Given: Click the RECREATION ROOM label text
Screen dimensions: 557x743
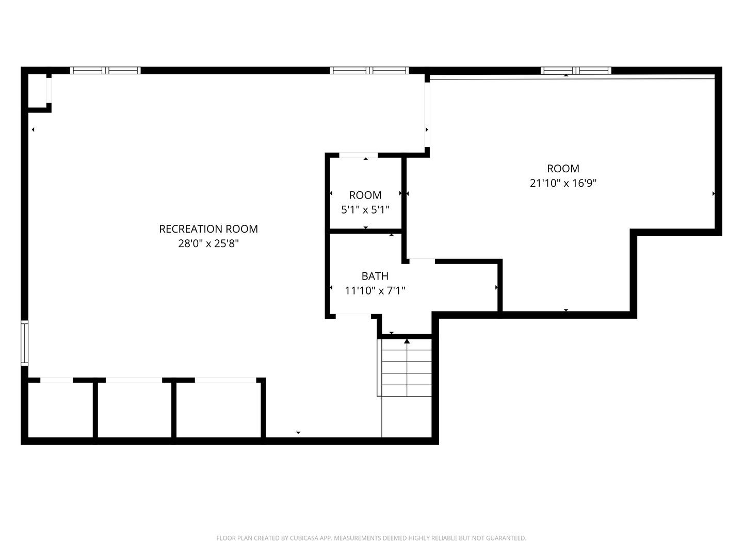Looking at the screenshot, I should coord(208,229).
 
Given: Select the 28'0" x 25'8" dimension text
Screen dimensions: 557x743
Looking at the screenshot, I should coord(208,243).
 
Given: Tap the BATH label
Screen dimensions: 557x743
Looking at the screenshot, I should coord(375,276).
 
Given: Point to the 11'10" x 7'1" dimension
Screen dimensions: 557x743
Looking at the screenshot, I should coord(375,291).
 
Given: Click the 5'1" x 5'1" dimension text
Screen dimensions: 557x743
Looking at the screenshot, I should coord(365,210).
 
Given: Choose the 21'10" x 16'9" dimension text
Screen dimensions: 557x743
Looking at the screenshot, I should coord(563,183).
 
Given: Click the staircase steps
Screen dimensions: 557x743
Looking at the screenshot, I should coord(407,368).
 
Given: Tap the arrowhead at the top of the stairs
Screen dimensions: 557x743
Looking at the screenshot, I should coord(407,341).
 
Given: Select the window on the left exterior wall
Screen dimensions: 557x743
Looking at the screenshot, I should coord(24,343).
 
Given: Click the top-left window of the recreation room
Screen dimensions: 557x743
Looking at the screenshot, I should coord(105,71).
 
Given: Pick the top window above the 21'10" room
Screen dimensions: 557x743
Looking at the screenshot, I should coord(576,71).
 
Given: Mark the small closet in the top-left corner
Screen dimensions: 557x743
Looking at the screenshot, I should coord(37,91).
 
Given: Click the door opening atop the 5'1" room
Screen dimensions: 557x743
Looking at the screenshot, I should coord(359,155).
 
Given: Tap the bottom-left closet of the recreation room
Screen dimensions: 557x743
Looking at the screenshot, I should coord(60,410).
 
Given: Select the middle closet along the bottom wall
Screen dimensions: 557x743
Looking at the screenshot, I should coord(134,410).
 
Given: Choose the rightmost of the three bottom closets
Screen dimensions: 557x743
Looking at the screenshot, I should coord(219,410).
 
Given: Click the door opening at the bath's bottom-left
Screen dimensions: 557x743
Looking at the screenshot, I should coord(353,315).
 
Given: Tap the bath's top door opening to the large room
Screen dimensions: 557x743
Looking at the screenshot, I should coord(422,261).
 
